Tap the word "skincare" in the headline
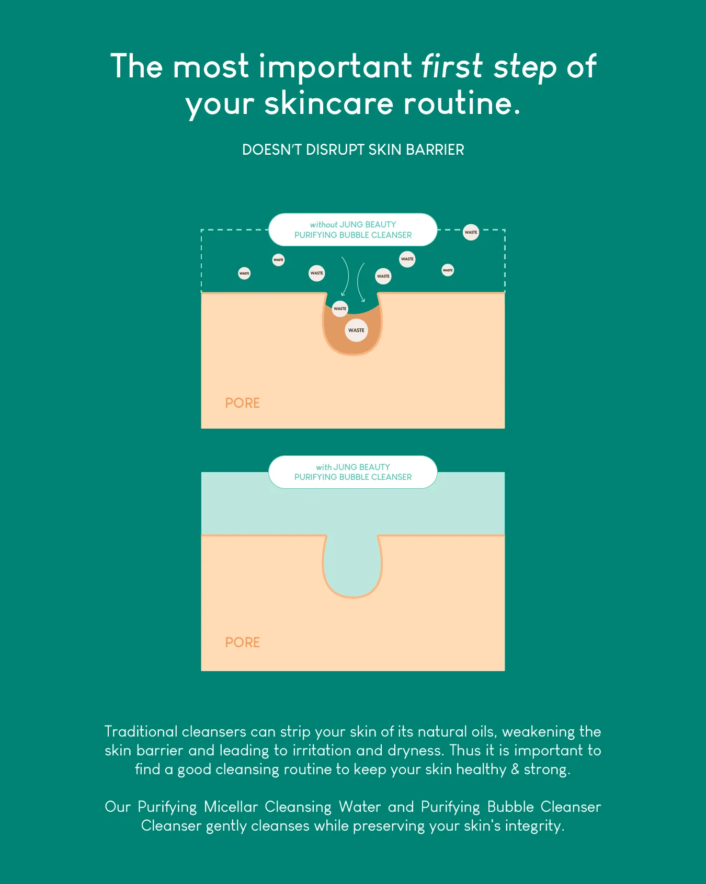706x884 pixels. (328, 103)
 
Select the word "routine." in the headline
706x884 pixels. (462, 103)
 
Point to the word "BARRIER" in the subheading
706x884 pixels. (435, 150)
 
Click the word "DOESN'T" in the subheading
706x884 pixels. (272, 150)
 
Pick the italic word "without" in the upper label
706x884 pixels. (324, 225)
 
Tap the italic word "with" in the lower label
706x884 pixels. (324, 467)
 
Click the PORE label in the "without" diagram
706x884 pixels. (242, 403)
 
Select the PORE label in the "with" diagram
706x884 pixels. (242, 642)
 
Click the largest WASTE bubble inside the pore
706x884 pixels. (356, 330)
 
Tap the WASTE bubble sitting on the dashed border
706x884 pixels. (471, 232)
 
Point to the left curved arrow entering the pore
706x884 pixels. (345, 276)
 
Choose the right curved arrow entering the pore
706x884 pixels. (360, 282)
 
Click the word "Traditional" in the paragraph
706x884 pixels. (141, 731)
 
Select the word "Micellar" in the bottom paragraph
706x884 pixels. (231, 807)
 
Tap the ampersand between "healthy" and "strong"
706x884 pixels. (515, 770)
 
